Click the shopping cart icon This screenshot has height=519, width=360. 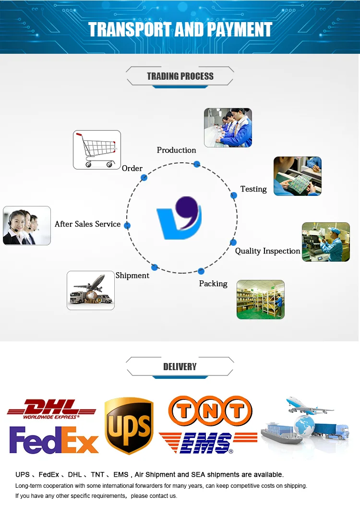coord(97,150)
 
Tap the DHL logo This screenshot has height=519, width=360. coord(51,409)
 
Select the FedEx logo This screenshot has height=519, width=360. coord(54,441)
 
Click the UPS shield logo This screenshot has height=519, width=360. coord(129,425)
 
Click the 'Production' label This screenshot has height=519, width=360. coord(176,150)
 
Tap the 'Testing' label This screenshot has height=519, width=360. coord(253,189)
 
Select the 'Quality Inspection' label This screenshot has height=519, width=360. coord(267,251)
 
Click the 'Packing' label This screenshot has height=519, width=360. coord(213,284)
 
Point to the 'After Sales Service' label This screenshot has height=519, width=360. coord(87,224)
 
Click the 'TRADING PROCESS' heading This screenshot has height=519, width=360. coord(180,76)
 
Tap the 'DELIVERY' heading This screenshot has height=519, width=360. coord(180,367)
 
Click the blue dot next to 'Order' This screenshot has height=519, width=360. coord(144,178)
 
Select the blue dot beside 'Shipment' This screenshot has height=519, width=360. coord(155,267)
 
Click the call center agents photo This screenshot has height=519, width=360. coord(27,226)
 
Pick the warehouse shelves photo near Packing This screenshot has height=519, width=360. coord(261,300)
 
